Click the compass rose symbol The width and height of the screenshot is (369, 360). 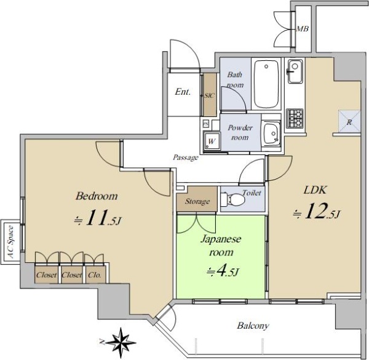[x=121, y=342]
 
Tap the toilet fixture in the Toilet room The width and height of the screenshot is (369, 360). [x=232, y=199]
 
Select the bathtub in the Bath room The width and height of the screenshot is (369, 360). [x=266, y=84]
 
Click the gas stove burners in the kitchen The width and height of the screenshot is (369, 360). [x=295, y=118]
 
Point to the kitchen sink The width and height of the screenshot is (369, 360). [x=295, y=71]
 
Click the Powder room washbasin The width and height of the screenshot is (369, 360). [x=272, y=134]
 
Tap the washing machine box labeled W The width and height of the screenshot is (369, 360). [x=212, y=141]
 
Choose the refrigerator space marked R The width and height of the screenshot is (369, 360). [x=349, y=121]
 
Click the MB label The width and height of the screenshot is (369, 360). [x=302, y=29]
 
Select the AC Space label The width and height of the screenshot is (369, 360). [x=10, y=242]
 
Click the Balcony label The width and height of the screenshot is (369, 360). [x=253, y=326]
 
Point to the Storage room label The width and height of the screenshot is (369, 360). [x=197, y=201]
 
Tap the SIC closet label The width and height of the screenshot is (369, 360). [x=209, y=95]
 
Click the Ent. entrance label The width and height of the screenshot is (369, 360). [x=183, y=92]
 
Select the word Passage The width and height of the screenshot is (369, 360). [x=186, y=158]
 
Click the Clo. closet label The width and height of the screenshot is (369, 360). [x=95, y=274]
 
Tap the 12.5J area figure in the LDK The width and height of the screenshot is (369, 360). [x=317, y=211]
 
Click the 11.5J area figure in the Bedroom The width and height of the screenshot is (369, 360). [x=98, y=218]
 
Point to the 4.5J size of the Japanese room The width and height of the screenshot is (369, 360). [x=223, y=272]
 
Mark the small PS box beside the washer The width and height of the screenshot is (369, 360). [x=206, y=124]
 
